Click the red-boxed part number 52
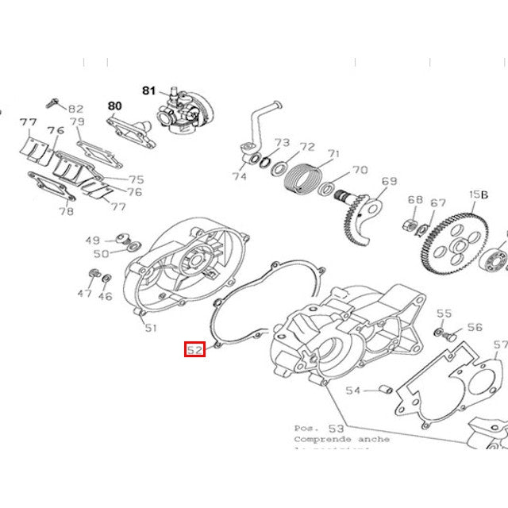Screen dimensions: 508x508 click(x=195, y=349)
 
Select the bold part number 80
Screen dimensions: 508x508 click(x=115, y=106)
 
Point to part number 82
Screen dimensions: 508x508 click(x=76, y=109)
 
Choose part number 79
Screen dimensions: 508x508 click(x=77, y=121)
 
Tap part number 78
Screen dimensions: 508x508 click(x=67, y=211)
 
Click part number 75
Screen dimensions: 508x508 click(x=137, y=179)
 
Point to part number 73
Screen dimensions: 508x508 click(x=283, y=143)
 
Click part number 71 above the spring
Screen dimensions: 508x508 click(x=333, y=154)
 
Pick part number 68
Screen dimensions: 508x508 click(x=415, y=200)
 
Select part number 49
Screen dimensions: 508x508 click(x=93, y=241)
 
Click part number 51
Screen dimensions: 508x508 click(x=150, y=328)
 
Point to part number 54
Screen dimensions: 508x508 click(x=353, y=391)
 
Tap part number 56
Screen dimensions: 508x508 click(x=475, y=327)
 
